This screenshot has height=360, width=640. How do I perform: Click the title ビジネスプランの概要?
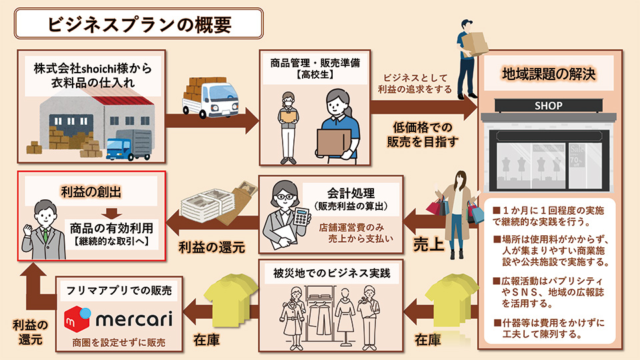click(x=140, y=24)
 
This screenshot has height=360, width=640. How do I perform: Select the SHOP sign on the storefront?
click(x=548, y=106)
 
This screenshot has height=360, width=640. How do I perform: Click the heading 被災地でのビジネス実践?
click(x=331, y=273)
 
